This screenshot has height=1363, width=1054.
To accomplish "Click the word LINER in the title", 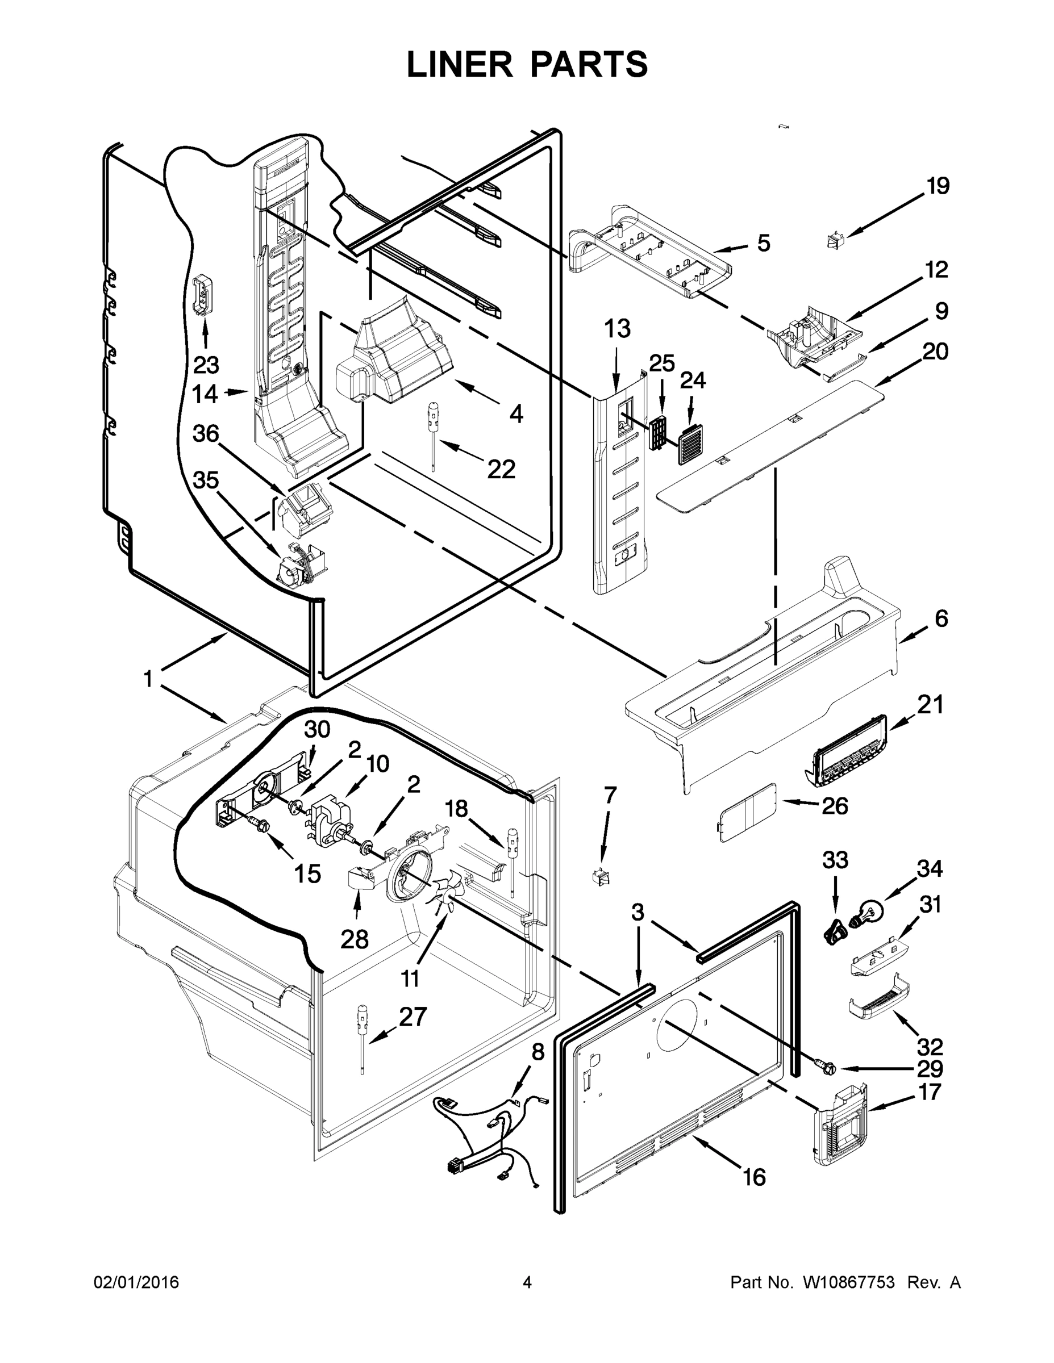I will point(460,65).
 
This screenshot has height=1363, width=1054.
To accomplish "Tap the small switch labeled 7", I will point(601,876).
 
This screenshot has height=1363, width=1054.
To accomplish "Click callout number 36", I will point(206,433).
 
